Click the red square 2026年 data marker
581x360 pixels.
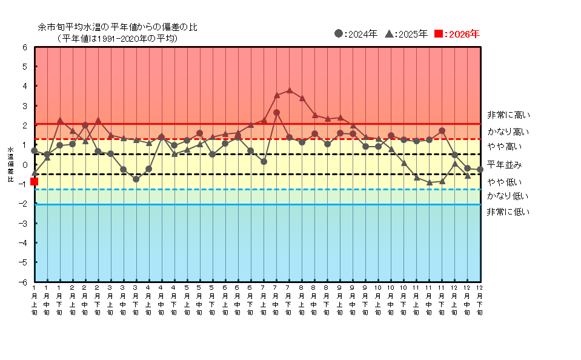click(34, 181)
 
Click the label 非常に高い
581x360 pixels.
click(508, 115)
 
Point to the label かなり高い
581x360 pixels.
click(508, 132)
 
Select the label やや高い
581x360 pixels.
click(504, 147)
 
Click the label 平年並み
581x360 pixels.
click(504, 165)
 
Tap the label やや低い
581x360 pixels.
click(504, 182)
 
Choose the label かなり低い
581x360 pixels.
click(508, 196)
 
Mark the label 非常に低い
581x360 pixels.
click(508, 212)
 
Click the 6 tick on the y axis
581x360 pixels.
click(25, 47)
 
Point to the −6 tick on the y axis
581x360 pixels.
click(24, 282)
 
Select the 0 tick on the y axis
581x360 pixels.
click(25, 165)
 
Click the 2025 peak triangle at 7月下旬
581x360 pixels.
click(289, 90)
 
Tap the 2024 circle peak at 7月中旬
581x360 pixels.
click(276, 112)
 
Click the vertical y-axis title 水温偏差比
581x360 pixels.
click(10, 165)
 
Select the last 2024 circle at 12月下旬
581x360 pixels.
click(480, 170)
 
